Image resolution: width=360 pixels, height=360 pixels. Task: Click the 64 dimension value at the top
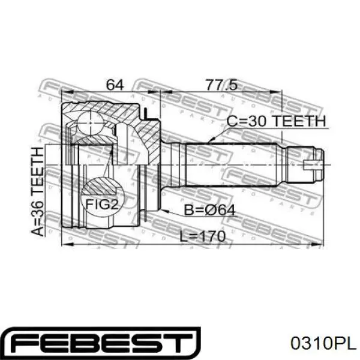115,85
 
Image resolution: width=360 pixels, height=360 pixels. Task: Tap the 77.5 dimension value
221,85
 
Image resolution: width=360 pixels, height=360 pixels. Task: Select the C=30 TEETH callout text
276,121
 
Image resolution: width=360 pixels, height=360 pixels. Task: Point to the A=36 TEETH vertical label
37,192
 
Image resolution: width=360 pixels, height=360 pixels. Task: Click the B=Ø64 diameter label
210,210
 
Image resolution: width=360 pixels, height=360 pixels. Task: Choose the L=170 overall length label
202,236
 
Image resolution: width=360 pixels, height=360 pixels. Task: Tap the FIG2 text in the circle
102,204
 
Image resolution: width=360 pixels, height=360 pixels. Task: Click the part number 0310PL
323,343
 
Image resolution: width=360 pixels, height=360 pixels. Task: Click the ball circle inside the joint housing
91,123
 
